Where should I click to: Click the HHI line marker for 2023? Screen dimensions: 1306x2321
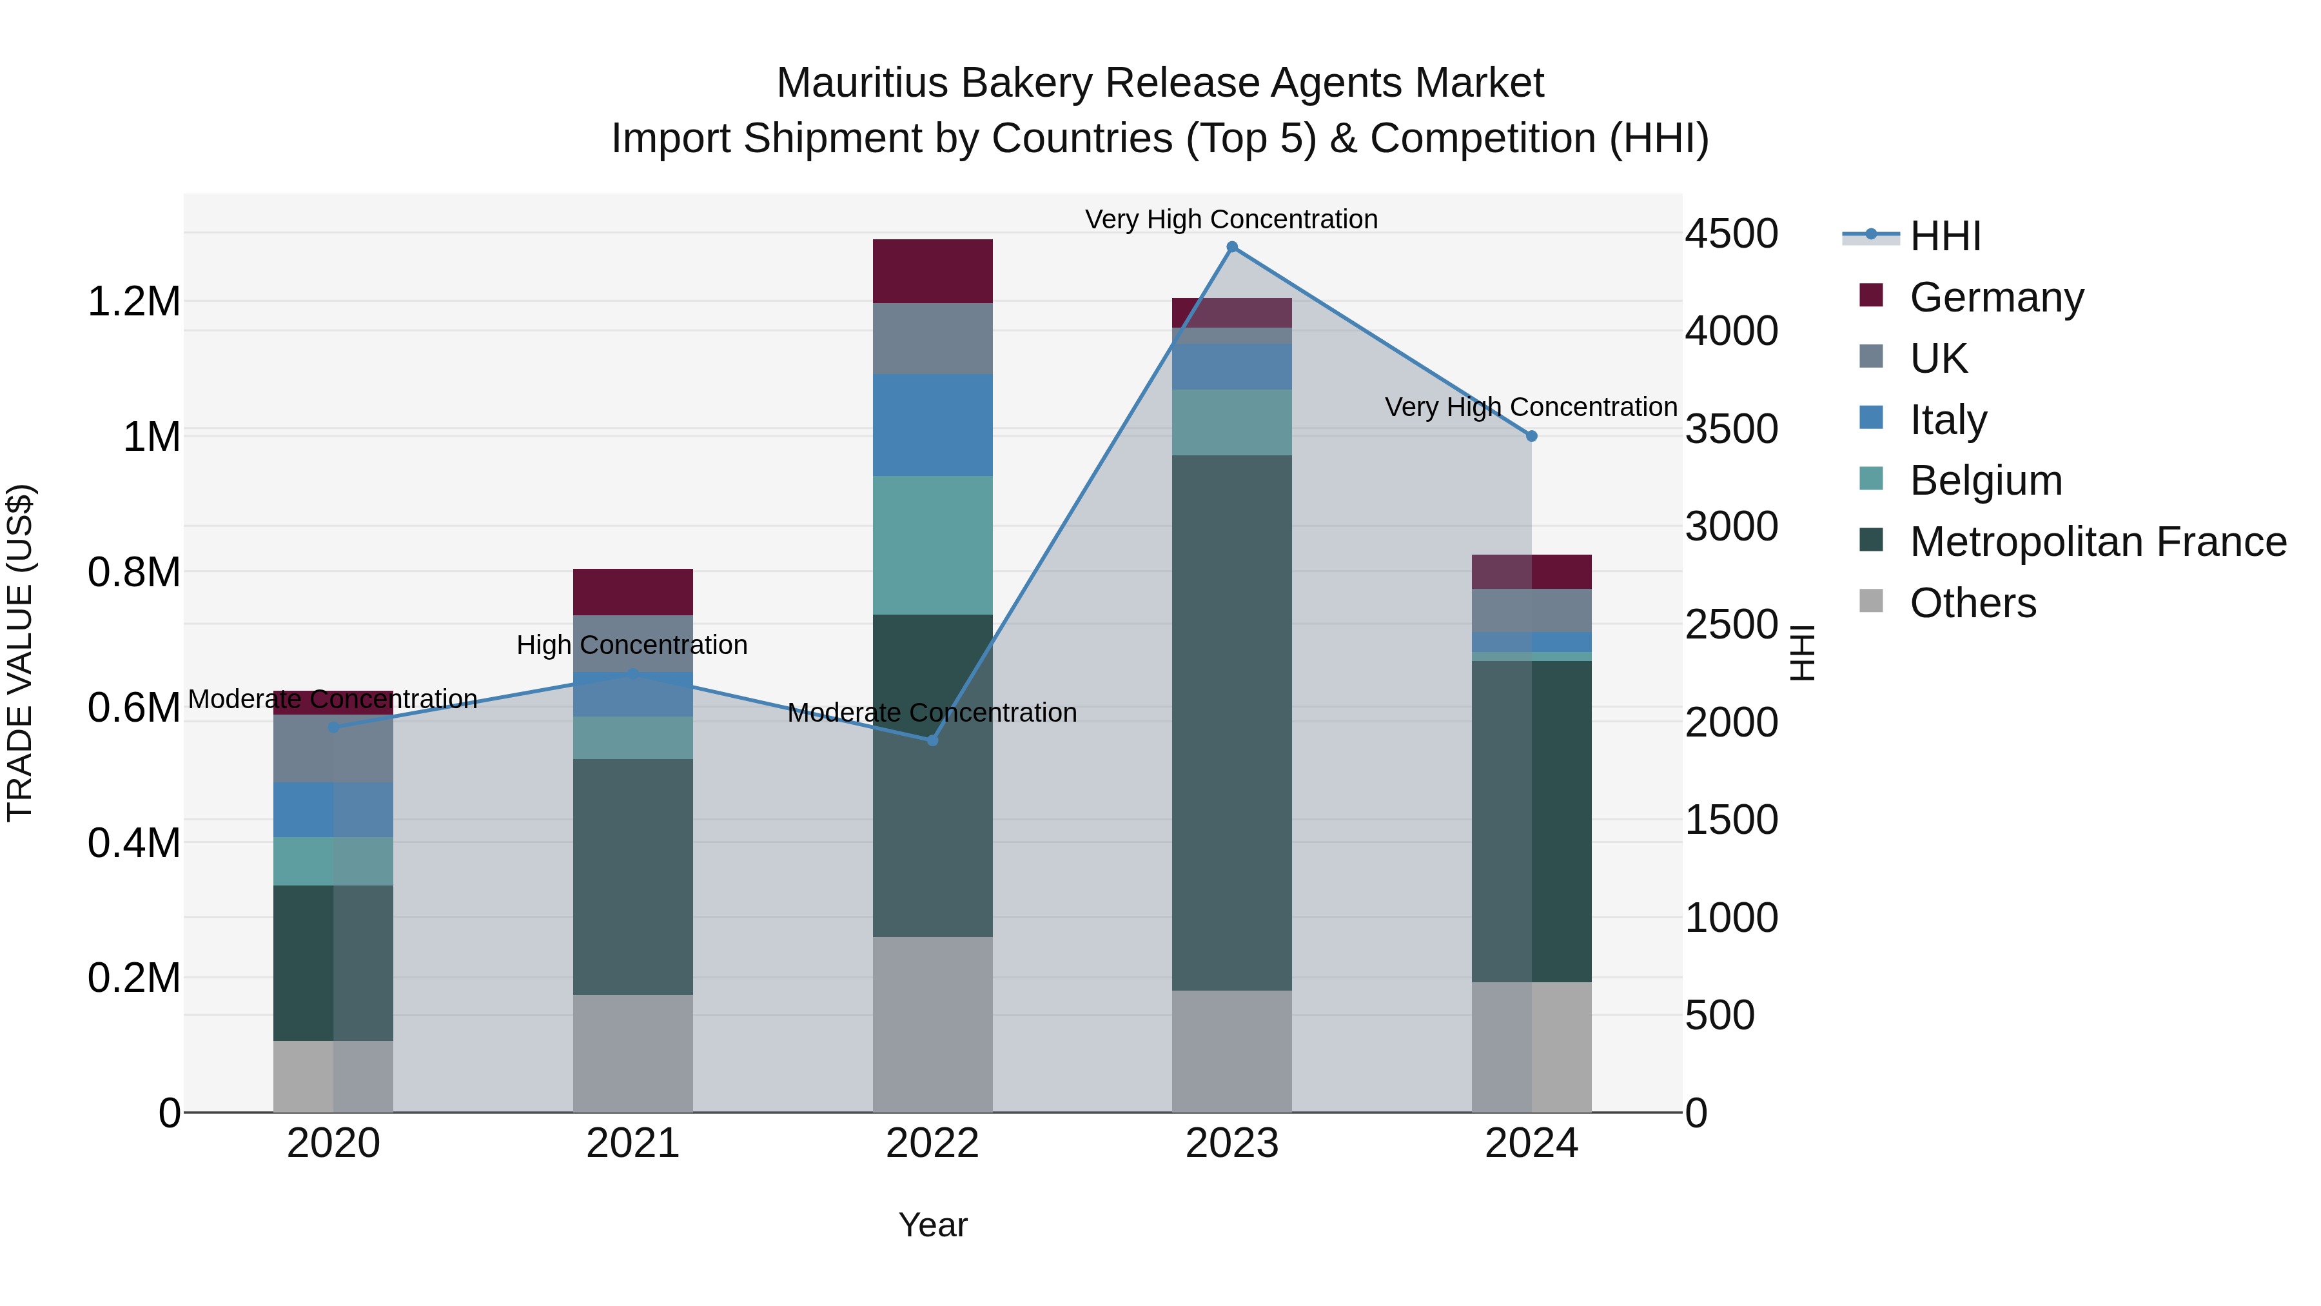(1231, 247)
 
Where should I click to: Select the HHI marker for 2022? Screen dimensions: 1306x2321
(932, 741)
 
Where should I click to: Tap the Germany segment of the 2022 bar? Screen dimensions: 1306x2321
(932, 272)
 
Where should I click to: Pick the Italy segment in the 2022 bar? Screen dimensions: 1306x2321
(932, 426)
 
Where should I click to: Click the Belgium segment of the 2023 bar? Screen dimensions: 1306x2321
(1231, 422)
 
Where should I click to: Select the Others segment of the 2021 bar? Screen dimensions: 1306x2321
(632, 1054)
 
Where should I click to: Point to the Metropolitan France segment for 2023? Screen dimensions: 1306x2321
(1231, 723)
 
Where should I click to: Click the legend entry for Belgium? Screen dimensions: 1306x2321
(1985, 480)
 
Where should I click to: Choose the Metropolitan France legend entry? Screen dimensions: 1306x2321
(2097, 542)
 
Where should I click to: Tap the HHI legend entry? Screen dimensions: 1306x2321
(1944, 236)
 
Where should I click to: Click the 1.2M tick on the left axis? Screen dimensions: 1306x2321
(134, 302)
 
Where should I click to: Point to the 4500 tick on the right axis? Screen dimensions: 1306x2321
(1731, 234)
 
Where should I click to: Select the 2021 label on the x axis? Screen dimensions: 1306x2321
(632, 1143)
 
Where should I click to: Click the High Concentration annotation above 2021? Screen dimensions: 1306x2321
(632, 646)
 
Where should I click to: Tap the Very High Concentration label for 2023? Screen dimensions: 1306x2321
(1231, 220)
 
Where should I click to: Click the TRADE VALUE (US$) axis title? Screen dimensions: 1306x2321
(20, 653)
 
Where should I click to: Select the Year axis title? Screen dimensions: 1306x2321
(932, 1225)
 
